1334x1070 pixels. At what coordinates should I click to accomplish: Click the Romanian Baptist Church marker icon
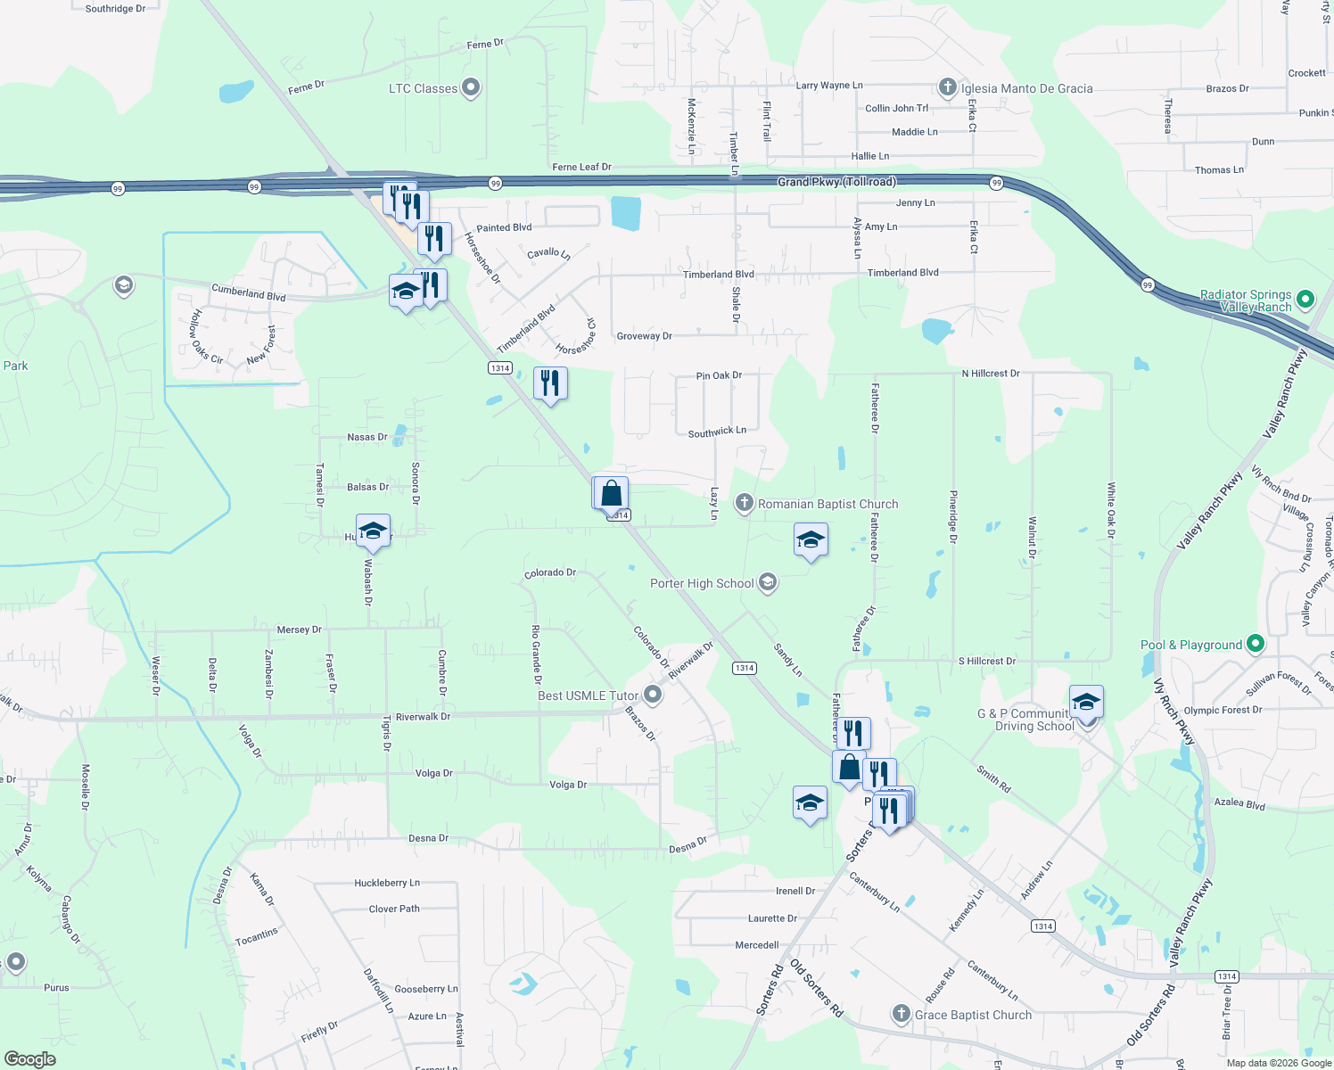click(x=744, y=504)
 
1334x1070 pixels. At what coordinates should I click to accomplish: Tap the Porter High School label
click(x=702, y=583)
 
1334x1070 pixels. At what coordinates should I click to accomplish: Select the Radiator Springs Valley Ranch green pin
click(x=1305, y=300)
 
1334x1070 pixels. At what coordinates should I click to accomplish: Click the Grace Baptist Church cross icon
click(x=901, y=1014)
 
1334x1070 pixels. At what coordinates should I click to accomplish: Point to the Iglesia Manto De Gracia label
click(x=1026, y=88)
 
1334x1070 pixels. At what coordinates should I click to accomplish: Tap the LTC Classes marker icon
click(x=472, y=87)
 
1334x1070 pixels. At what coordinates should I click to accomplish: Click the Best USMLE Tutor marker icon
click(x=653, y=695)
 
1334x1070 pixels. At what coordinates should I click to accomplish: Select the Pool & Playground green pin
click(x=1256, y=643)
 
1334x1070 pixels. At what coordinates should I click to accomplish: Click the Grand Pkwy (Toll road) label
click(x=836, y=182)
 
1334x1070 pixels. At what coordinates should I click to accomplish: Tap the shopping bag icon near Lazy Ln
click(x=612, y=493)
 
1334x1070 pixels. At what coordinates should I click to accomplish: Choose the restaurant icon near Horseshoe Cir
click(x=550, y=383)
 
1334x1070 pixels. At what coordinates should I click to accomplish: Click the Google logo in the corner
click(x=29, y=1058)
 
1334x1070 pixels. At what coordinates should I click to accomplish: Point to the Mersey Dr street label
click(x=299, y=630)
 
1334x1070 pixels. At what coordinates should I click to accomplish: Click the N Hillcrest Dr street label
click(x=991, y=374)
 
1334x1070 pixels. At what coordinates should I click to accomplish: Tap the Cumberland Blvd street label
click(x=248, y=292)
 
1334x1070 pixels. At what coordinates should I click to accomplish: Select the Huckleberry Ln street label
click(x=387, y=883)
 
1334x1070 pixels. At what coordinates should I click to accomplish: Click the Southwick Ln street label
click(x=717, y=432)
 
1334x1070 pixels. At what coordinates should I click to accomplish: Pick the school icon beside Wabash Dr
click(x=373, y=531)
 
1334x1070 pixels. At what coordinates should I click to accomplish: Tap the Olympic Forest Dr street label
click(x=1223, y=710)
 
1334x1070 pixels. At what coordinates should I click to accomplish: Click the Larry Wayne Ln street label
click(x=829, y=86)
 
